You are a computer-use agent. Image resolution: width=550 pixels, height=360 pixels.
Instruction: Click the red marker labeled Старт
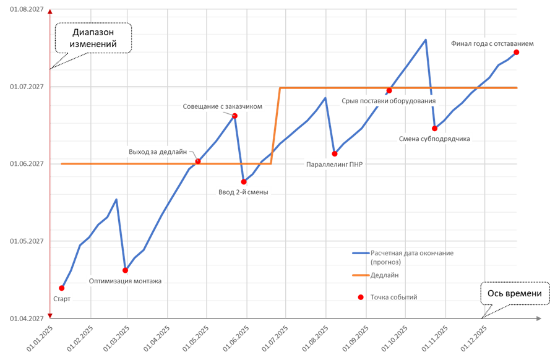[x=62, y=288]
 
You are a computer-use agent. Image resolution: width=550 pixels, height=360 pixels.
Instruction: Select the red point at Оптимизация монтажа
[x=125, y=270]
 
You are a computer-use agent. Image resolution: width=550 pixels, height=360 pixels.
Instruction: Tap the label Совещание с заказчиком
[x=223, y=106]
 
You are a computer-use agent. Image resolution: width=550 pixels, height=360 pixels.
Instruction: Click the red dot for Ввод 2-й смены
[x=244, y=181]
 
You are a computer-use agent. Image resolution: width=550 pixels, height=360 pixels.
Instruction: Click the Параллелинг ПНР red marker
[x=334, y=153]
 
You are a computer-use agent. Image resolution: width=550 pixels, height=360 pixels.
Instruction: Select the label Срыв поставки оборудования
[x=389, y=100]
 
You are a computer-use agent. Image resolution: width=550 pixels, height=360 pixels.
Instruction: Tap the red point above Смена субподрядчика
[x=435, y=128]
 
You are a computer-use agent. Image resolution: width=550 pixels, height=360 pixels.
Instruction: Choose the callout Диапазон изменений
[x=94, y=38]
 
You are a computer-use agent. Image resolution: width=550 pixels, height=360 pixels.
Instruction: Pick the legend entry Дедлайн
[x=385, y=275]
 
